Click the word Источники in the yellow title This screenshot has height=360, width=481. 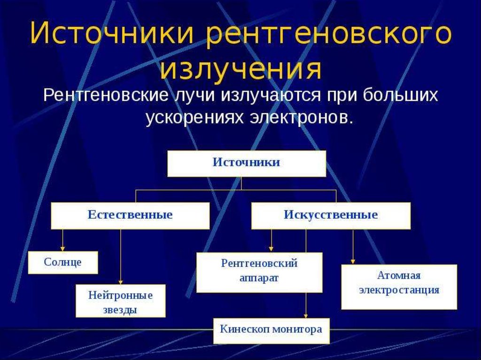(x=112, y=33)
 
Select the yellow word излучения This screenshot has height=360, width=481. (x=241, y=69)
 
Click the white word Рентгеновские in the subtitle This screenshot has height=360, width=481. (x=106, y=95)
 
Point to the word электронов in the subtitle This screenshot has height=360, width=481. (x=300, y=117)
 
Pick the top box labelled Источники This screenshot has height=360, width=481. (x=247, y=163)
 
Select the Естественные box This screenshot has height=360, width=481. (x=130, y=215)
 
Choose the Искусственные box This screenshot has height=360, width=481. (x=331, y=215)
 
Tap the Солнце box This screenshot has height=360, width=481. (x=63, y=262)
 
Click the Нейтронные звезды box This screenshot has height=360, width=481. (x=121, y=301)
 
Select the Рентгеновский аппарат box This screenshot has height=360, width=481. (x=259, y=272)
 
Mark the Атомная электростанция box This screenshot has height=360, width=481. (x=399, y=287)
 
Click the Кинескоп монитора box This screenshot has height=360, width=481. (x=272, y=331)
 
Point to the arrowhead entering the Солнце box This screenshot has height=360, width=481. (x=62, y=249)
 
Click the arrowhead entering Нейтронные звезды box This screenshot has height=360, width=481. (x=121, y=282)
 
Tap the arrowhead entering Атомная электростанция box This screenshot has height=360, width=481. (x=353, y=261)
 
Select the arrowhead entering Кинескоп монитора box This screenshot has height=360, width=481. (x=305, y=315)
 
